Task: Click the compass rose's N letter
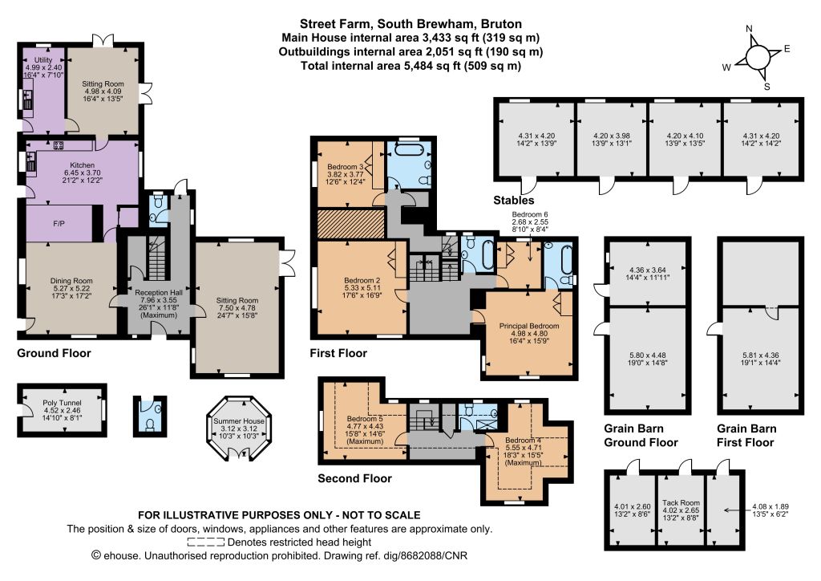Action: tap(750, 29)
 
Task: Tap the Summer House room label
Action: tap(239, 421)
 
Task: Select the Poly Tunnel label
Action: tap(63, 403)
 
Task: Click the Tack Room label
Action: tap(681, 502)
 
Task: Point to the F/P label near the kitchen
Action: tap(59, 224)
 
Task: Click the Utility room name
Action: tap(43, 60)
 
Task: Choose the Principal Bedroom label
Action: tap(529, 326)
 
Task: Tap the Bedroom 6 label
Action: tap(530, 214)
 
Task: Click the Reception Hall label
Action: tap(159, 292)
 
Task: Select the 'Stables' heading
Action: tap(514, 200)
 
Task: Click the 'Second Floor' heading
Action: tap(354, 478)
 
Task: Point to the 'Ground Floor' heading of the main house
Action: tap(54, 353)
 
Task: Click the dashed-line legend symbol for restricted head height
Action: tap(206, 542)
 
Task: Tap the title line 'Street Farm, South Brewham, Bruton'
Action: tap(410, 24)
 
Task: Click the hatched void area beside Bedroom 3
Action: tap(352, 224)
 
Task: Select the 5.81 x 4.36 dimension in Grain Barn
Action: tap(758, 356)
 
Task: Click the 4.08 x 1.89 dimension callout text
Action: tap(770, 506)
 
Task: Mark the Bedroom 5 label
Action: tap(365, 419)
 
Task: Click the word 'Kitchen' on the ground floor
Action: tap(83, 165)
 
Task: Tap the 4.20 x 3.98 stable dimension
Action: tap(612, 136)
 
